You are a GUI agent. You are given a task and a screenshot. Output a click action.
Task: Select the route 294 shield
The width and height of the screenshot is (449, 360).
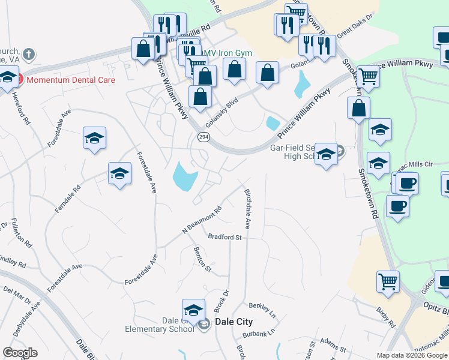pos(203,137)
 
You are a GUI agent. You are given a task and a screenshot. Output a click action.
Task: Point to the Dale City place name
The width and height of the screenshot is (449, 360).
pos(234,322)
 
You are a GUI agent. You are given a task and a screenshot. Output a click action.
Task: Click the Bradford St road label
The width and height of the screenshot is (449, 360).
pos(224,237)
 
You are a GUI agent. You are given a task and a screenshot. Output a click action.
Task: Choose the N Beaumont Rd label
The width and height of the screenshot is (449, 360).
pos(202,220)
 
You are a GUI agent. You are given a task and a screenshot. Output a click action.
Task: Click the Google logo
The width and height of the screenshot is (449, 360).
pos(20,353)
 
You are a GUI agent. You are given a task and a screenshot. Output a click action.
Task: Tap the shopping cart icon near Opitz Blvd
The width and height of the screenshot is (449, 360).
pos(388,281)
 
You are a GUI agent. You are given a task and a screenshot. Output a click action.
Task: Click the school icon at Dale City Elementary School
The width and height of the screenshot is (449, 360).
pos(193,310)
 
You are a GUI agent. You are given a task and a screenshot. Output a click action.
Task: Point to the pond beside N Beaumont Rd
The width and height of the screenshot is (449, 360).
pos(184,176)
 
